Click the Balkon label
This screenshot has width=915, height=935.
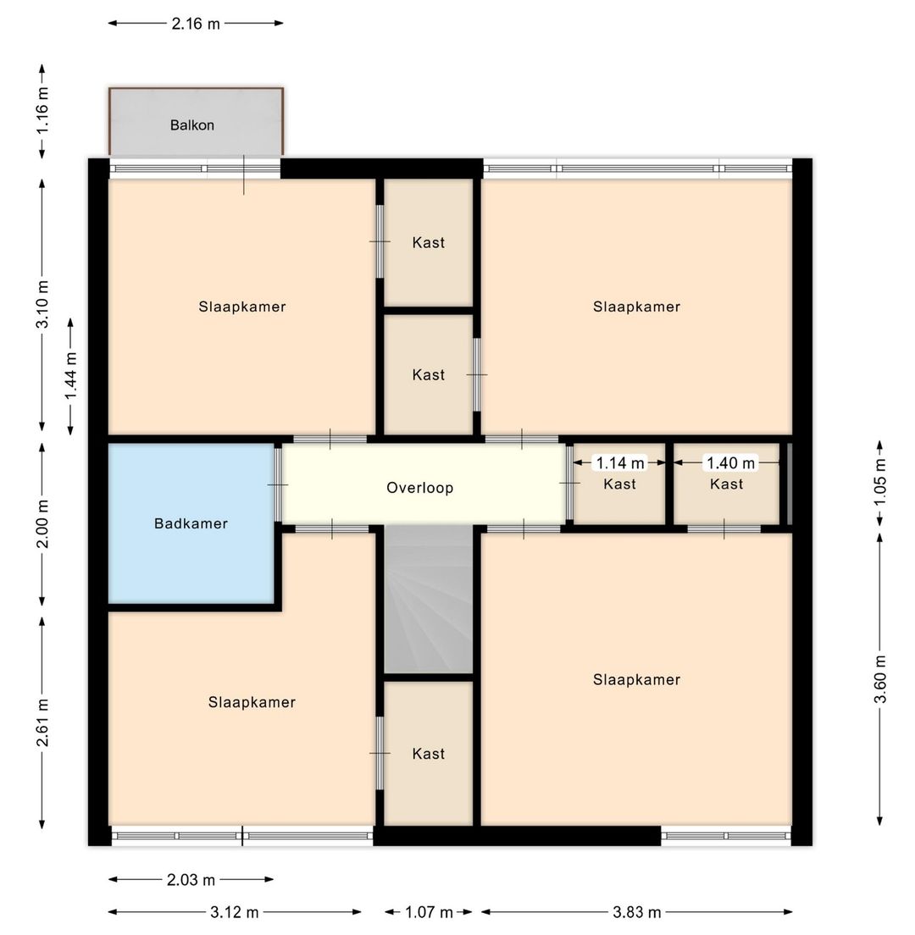192,125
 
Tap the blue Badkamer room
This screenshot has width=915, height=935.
191,523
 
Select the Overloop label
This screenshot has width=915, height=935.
420,488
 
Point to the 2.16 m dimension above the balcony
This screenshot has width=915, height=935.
196,24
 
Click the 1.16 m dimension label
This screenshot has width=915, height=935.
42,112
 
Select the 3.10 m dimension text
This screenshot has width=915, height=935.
42,304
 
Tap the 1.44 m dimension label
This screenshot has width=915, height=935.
71,376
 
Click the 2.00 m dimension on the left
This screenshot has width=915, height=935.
42,524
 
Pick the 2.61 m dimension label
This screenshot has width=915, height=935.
42,722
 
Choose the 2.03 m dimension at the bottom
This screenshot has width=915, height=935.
191,880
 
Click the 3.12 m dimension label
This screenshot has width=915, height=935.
235,912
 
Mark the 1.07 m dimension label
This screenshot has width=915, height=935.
429,912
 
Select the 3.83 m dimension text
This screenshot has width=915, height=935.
637,912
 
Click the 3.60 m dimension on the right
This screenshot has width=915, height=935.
880,678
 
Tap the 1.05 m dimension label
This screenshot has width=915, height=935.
880,482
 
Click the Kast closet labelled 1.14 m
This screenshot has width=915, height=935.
619,484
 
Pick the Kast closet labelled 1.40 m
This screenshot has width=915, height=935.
727,484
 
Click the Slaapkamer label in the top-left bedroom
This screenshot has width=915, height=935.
242,307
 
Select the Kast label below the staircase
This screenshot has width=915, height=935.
429,754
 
